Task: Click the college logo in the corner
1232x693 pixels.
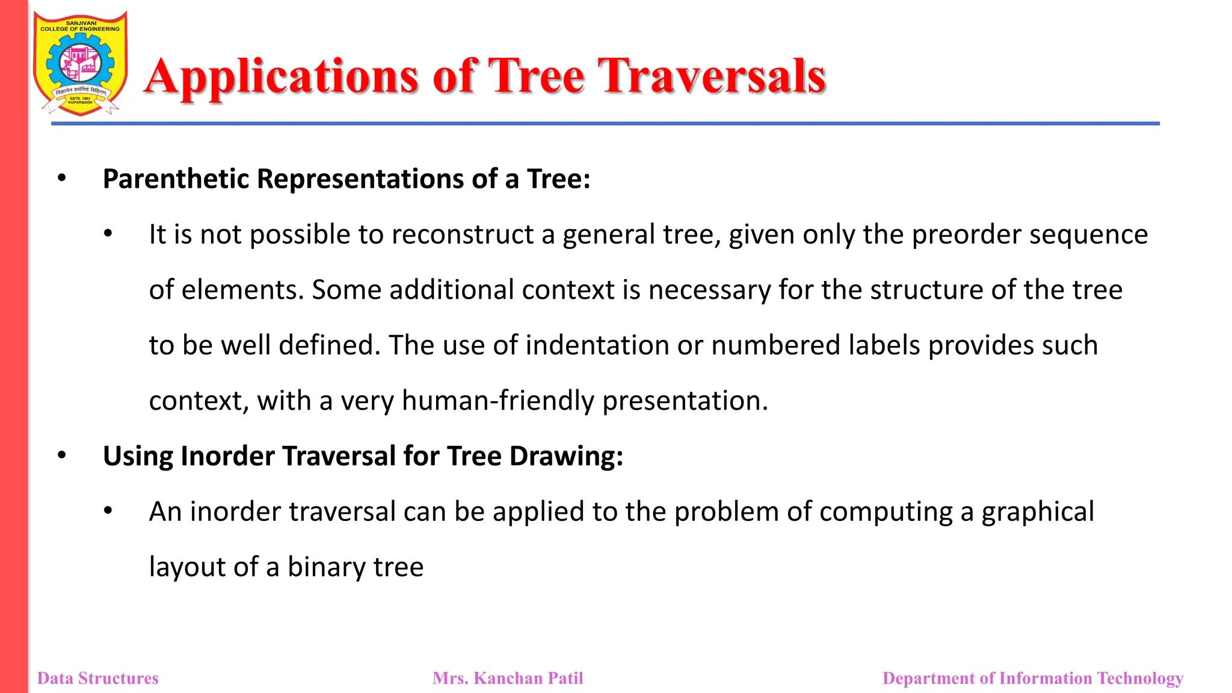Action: tap(80, 63)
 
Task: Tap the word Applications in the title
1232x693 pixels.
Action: tap(282, 78)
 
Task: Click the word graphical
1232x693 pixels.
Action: tap(1038, 513)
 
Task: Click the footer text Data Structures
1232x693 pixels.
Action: tap(98, 679)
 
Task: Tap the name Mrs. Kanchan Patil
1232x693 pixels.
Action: tap(508, 679)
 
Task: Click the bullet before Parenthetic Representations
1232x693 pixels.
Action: tap(61, 178)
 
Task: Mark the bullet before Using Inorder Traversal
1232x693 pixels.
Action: tap(61, 455)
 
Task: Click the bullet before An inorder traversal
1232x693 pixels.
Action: tap(108, 511)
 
